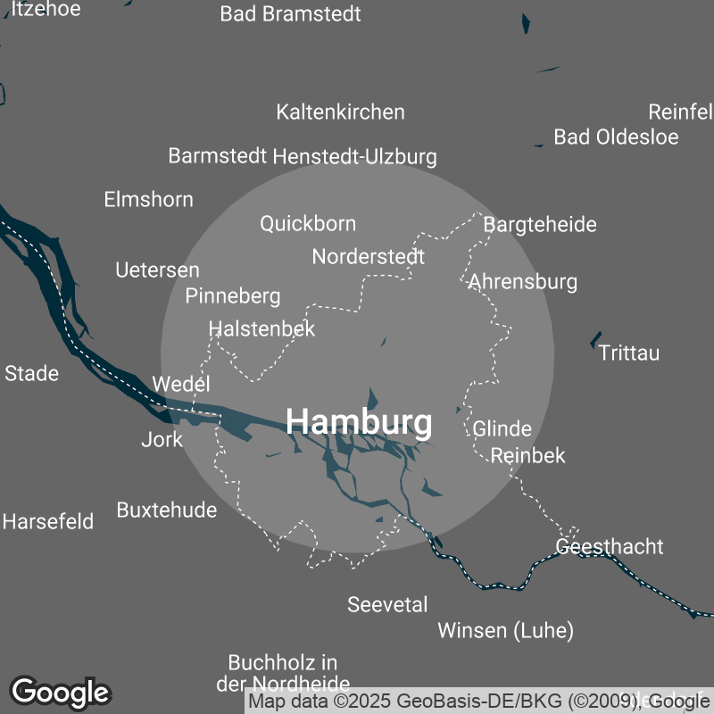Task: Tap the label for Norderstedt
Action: [x=368, y=257]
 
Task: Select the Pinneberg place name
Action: [x=233, y=295]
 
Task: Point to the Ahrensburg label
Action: [x=523, y=282]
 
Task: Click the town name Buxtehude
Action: [x=167, y=510]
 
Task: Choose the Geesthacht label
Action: [x=610, y=546]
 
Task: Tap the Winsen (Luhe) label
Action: [x=505, y=631]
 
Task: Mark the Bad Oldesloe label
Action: [x=616, y=137]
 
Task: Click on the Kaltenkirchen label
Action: [x=340, y=112]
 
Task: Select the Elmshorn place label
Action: [x=148, y=199]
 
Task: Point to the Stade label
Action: [x=32, y=373]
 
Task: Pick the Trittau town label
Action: [x=629, y=353]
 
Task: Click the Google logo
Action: [x=61, y=692]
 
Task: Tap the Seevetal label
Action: [x=387, y=604]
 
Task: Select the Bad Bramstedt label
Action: [x=290, y=14]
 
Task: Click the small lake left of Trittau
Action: [x=595, y=340]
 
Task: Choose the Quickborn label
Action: [x=308, y=223]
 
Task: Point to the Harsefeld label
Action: [x=48, y=521]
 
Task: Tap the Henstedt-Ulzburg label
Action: [x=354, y=157]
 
